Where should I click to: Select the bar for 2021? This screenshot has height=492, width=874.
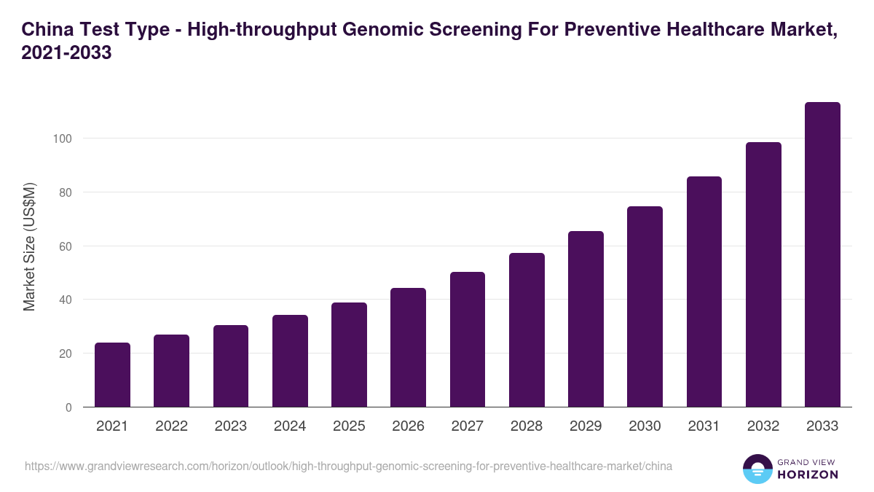pos(112,375)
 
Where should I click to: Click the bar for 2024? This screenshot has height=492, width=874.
pos(290,361)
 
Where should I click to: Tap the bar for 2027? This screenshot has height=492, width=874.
pos(468,339)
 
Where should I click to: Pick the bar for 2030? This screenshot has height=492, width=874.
pos(645,306)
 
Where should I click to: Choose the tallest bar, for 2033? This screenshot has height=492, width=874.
pos(822,254)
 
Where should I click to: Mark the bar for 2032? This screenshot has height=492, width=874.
pos(763,274)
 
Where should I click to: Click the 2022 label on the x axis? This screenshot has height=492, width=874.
pos(171,426)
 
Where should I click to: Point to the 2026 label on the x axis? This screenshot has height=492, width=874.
pos(408,426)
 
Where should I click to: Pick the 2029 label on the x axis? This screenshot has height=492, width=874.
pos(586,426)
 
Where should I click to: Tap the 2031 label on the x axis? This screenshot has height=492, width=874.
pos(704,426)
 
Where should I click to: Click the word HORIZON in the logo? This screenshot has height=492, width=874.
pos(808,475)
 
